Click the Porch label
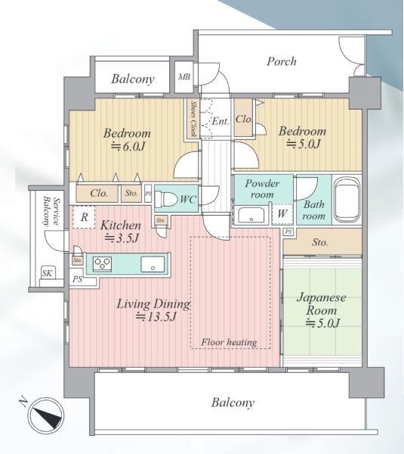click(x=281, y=62)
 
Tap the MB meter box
click(x=184, y=77)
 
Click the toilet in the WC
click(x=166, y=199)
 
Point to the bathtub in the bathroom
click(x=347, y=200)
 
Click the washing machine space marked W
click(x=282, y=214)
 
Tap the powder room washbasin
click(x=251, y=215)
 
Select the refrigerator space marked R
click(x=84, y=217)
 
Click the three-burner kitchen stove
click(x=102, y=264)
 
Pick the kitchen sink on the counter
click(x=153, y=264)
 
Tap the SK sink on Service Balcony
click(x=48, y=273)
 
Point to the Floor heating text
click(x=229, y=343)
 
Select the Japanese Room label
click(x=322, y=304)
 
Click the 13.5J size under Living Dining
click(x=156, y=317)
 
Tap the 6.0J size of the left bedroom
click(x=128, y=147)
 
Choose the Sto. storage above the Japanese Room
click(x=319, y=242)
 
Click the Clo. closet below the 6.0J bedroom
click(x=99, y=193)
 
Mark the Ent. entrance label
click(x=221, y=121)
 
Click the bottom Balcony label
click(x=233, y=403)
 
